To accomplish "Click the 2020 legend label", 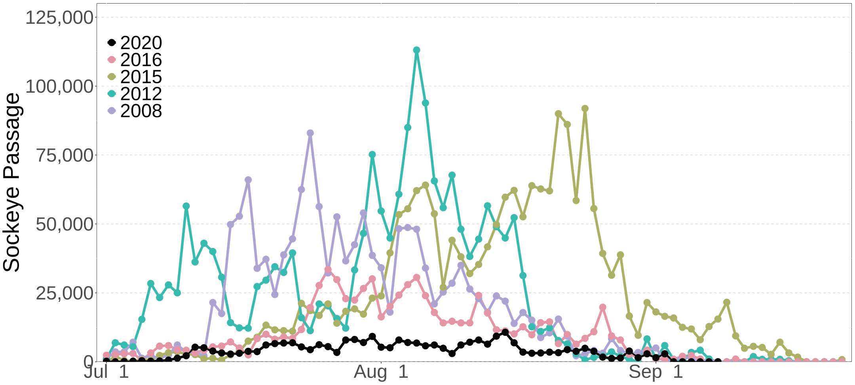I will pyautogui.click(x=141, y=43).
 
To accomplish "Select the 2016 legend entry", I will pyautogui.click(x=141, y=60).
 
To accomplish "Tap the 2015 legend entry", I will pyautogui.click(x=141, y=77).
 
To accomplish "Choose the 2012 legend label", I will pyautogui.click(x=141, y=94).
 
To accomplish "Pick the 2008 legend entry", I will pyautogui.click(x=141, y=111).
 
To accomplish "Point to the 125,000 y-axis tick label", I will pyautogui.click(x=60, y=18).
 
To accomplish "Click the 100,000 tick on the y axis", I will pyautogui.click(x=60, y=86).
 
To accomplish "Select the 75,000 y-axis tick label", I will pyautogui.click(x=65, y=155).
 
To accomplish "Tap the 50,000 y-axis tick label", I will pyautogui.click(x=65, y=224).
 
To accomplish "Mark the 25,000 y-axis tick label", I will pyautogui.click(x=65, y=293).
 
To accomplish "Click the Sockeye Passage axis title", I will pyautogui.click(x=12, y=182).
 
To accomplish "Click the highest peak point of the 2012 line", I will pyautogui.click(x=416, y=50).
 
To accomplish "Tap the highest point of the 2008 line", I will pyautogui.click(x=310, y=133).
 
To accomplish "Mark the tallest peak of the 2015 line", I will pyautogui.click(x=585, y=109).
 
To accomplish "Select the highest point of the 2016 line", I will pyautogui.click(x=328, y=270).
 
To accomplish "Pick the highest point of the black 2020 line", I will pyautogui.click(x=505, y=332).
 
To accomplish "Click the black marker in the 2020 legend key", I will pyautogui.click(x=112, y=42).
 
